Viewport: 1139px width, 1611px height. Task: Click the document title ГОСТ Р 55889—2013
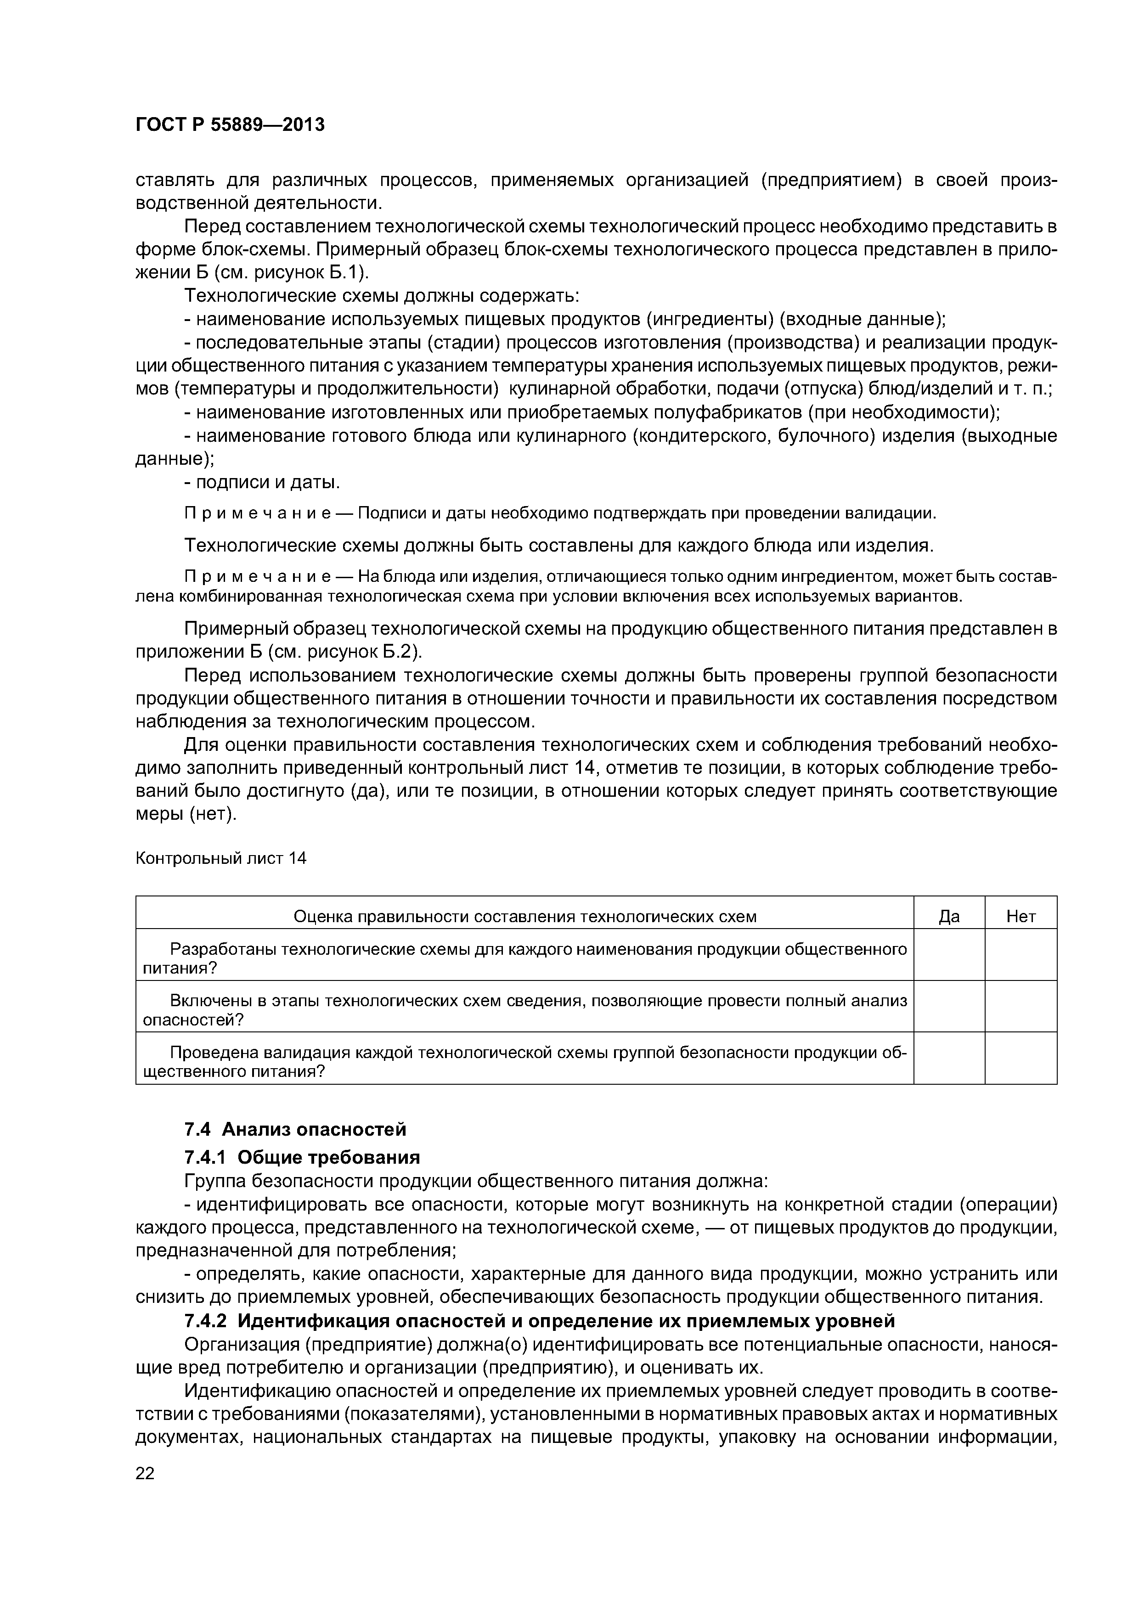point(230,125)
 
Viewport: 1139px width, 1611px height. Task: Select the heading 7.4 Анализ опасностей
point(295,1129)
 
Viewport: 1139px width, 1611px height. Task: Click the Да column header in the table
point(949,916)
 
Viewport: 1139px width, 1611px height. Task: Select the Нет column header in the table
point(1021,916)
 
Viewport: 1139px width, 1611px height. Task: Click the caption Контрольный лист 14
point(220,858)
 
